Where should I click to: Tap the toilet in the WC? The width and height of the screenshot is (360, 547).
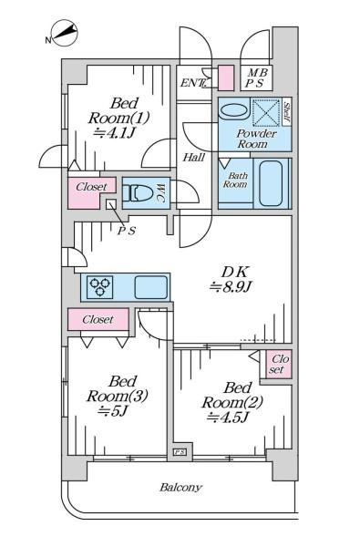coord(139,193)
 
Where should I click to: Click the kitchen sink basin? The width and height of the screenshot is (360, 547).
coord(151,287)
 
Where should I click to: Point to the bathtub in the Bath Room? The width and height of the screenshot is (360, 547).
coord(271,183)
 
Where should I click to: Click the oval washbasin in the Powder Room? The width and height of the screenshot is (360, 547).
coord(233,111)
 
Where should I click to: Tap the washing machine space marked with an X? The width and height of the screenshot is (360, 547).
coord(266,112)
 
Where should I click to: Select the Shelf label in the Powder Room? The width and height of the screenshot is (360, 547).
coord(287,112)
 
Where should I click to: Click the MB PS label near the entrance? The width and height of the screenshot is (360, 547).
coord(257,78)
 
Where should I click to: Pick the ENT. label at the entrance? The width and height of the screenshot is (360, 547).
coord(191,83)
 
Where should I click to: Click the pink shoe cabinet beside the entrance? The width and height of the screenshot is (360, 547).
coord(226,78)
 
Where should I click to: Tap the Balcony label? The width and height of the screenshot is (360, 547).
coord(180,488)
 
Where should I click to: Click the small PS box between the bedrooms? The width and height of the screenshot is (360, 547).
coord(180,452)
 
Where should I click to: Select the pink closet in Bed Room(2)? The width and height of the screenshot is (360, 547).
coord(279,364)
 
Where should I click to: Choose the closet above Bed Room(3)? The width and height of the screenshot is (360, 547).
coord(98,319)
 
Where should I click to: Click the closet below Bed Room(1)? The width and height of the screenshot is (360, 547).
coord(91,192)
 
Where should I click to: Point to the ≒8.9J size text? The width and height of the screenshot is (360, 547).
coord(231,287)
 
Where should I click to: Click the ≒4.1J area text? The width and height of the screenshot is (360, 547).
coord(114,132)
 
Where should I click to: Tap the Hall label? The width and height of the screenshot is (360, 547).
coord(194,158)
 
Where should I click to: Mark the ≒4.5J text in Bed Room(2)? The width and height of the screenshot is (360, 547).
coord(228,418)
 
